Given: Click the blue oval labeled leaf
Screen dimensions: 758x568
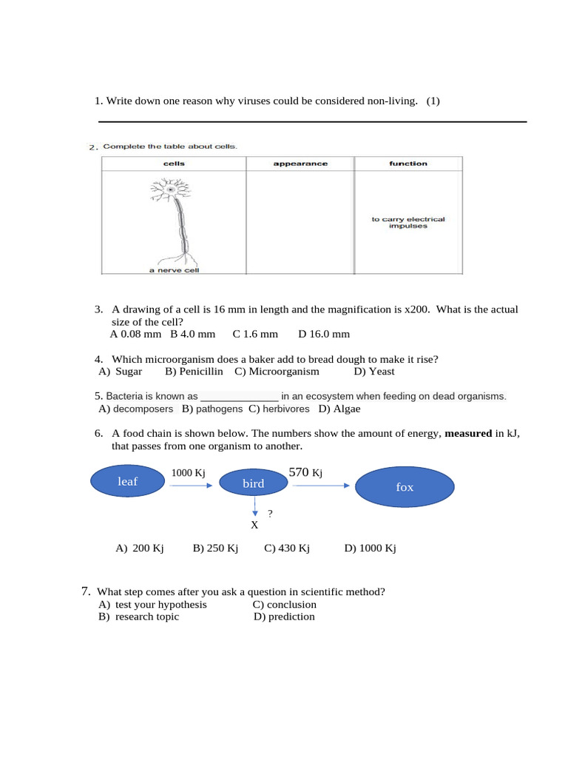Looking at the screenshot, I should click(x=128, y=482).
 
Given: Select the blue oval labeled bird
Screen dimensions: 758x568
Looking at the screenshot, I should click(x=253, y=483).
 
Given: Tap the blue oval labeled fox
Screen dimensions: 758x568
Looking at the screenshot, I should click(x=405, y=487).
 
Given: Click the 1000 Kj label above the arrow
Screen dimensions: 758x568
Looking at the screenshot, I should click(x=189, y=473).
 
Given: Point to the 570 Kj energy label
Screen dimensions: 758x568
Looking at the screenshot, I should click(x=305, y=472).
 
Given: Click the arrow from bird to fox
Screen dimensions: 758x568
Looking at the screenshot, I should click(x=320, y=486).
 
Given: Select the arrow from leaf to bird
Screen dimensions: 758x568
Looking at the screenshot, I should click(x=191, y=486).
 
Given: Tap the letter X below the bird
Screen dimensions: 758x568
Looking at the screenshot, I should click(x=254, y=525).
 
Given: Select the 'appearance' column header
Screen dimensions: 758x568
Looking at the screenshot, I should click(x=300, y=164).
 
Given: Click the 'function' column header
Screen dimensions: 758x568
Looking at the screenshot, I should click(x=408, y=164).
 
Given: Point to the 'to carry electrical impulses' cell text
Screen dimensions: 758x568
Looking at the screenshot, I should click(x=408, y=223).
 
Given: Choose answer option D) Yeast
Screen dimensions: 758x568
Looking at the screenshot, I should click(x=374, y=372).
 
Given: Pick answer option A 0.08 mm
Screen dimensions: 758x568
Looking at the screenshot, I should click(x=135, y=334).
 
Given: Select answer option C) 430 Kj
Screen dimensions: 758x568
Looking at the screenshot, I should click(x=287, y=549).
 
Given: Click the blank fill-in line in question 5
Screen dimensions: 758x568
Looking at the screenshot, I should click(x=240, y=397).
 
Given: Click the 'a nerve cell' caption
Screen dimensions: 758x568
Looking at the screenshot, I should click(x=174, y=270).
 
